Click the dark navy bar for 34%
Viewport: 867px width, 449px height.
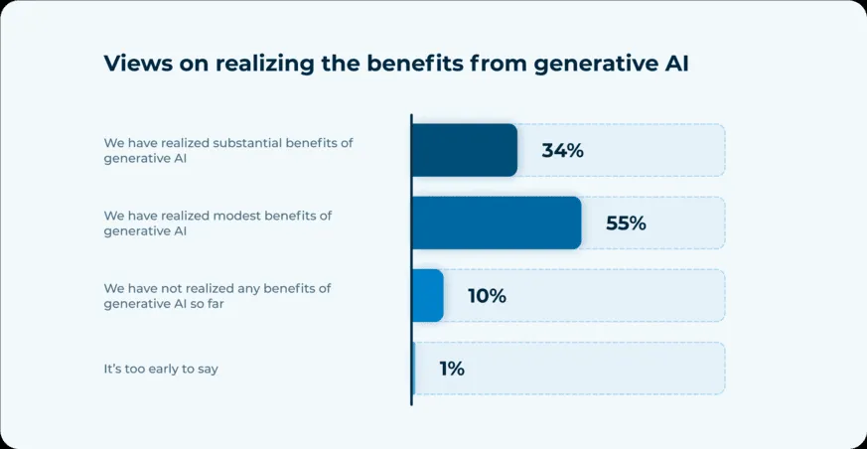(x=464, y=150)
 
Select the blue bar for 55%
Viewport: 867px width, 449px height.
(x=496, y=223)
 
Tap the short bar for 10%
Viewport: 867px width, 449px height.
(x=428, y=295)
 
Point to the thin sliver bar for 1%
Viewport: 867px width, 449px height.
(x=413, y=369)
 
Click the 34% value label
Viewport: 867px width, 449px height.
(x=562, y=151)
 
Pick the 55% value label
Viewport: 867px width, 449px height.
(x=626, y=224)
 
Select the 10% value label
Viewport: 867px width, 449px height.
(x=487, y=296)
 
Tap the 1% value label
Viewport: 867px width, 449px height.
(x=452, y=369)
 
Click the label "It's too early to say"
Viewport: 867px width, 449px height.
(x=161, y=369)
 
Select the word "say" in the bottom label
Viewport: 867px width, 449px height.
(x=207, y=369)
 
